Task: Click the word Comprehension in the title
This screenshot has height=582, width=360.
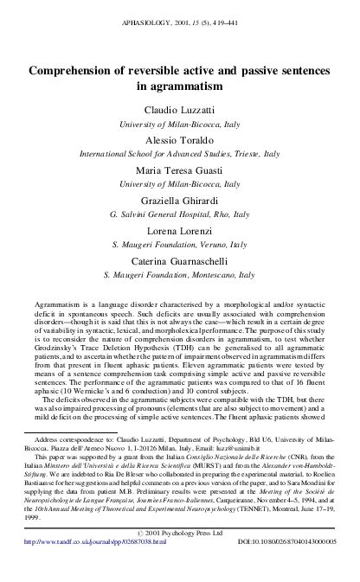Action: coord(76,73)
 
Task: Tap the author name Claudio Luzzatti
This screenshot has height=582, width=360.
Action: coord(180,110)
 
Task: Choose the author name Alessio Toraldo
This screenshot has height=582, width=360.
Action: coord(180,140)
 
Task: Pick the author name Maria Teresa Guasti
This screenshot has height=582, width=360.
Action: coord(180,170)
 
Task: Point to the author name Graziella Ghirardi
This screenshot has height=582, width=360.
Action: coord(180,201)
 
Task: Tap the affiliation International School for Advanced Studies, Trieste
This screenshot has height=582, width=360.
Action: coord(179,154)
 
